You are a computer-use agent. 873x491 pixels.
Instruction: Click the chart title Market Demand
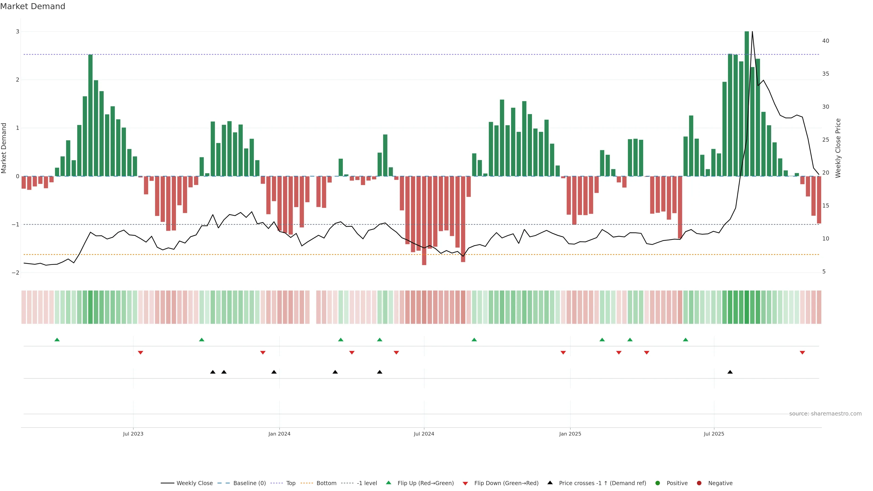point(33,6)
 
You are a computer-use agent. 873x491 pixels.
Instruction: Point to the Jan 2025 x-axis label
point(570,434)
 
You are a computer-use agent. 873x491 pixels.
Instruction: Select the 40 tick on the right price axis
point(825,41)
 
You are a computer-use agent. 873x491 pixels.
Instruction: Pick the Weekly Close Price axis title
point(838,148)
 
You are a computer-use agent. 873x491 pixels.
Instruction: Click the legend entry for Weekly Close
point(194,483)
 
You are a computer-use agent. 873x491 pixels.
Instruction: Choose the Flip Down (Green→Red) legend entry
point(506,483)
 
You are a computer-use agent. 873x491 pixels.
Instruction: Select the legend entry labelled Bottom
point(326,483)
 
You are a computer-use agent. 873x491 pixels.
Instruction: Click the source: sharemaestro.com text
point(825,414)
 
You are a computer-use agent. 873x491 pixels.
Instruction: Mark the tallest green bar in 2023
point(90,115)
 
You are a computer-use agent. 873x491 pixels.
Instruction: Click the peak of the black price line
point(752,32)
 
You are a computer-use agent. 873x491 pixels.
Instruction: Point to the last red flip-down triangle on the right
point(802,353)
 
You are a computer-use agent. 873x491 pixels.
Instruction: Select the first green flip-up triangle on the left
point(57,340)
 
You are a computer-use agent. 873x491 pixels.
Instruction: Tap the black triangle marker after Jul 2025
point(730,372)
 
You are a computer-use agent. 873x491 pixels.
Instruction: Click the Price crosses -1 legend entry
point(602,483)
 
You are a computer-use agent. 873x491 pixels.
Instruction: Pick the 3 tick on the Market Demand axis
point(18,32)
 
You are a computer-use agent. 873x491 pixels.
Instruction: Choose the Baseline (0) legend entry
point(249,483)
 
